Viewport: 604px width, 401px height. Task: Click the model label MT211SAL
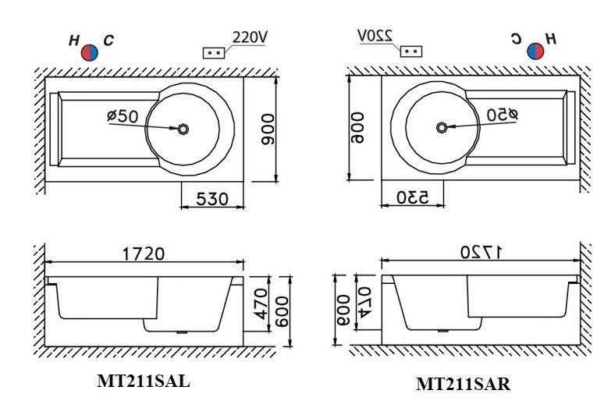pos(143,381)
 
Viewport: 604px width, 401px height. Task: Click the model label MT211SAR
pos(463,384)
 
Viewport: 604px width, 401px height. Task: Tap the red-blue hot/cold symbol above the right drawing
pos(535,51)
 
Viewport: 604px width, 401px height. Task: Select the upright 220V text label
pos(249,37)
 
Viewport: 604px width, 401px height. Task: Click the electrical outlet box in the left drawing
pos(214,52)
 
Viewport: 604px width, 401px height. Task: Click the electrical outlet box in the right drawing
pos(411,51)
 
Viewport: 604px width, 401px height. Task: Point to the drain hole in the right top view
pos(442,127)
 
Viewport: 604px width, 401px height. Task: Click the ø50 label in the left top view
pos(123,116)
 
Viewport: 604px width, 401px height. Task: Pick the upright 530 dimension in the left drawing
pos(211,198)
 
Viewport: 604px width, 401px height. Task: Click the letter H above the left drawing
pos(74,39)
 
